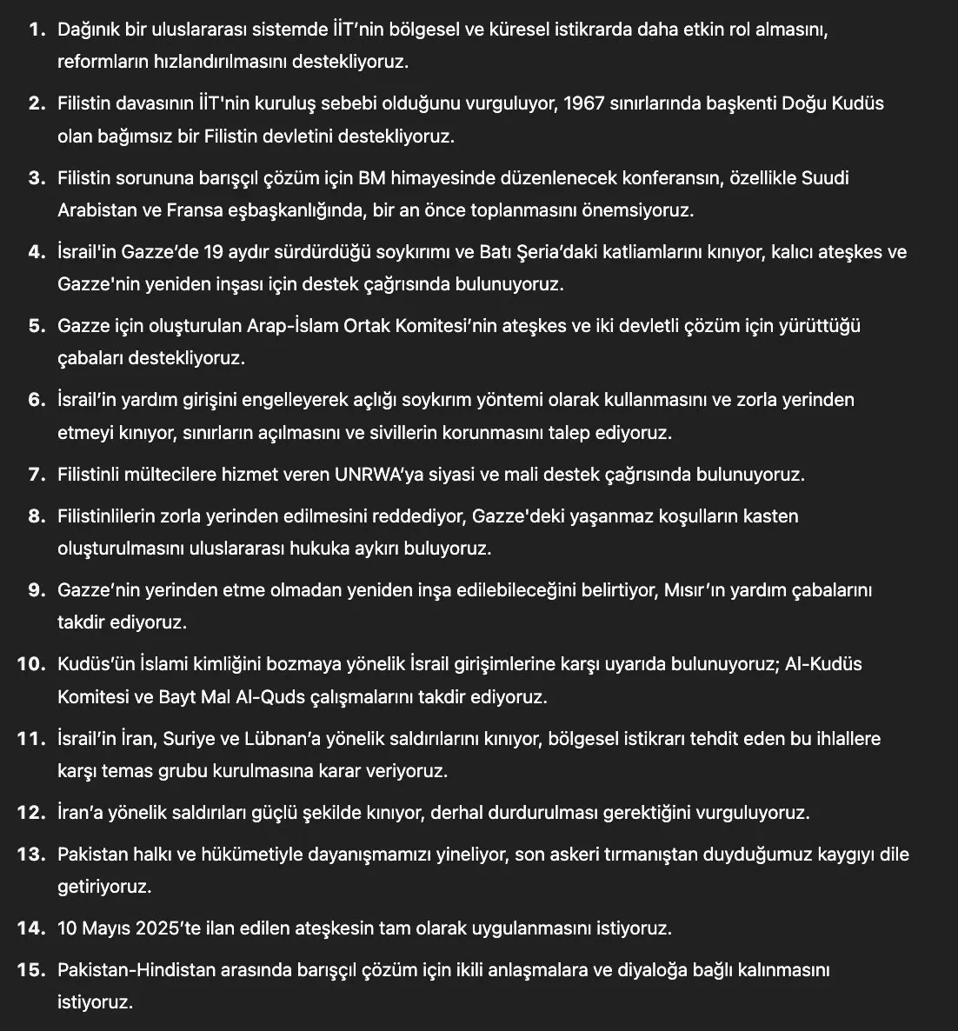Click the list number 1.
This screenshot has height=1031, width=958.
[35, 30]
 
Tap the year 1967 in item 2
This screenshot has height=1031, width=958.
[587, 103]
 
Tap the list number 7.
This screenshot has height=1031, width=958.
[35, 475]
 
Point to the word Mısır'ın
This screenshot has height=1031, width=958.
[695, 590]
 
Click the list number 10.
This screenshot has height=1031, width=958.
[30, 664]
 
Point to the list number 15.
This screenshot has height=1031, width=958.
[30, 969]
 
